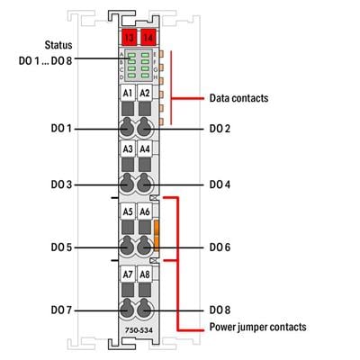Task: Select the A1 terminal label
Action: pyautogui.click(x=127, y=93)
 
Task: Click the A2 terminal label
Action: pyautogui.click(x=144, y=93)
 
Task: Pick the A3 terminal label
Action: pyautogui.click(x=127, y=150)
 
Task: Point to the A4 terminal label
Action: pyautogui.click(x=144, y=150)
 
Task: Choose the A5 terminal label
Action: pyautogui.click(x=127, y=212)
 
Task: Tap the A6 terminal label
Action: pyautogui.click(x=144, y=212)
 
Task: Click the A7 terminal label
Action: pyautogui.click(x=127, y=274)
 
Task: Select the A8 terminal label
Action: pyautogui.click(x=144, y=274)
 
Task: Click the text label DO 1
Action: pyautogui.click(x=62, y=129)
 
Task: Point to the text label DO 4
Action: pyautogui.click(x=220, y=184)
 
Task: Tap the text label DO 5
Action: pyautogui.click(x=62, y=247)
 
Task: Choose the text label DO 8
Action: pyautogui.click(x=220, y=310)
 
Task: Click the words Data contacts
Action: pyautogui.click(x=238, y=96)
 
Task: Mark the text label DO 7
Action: pyautogui.click(x=62, y=310)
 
